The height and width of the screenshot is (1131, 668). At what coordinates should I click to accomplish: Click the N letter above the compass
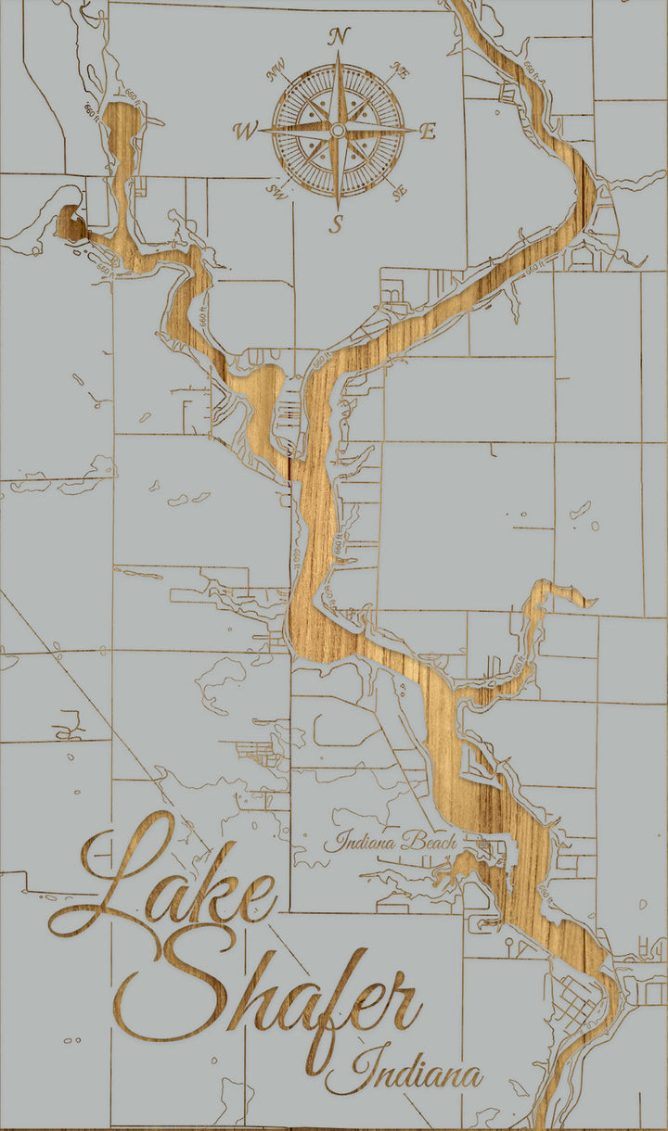(340, 37)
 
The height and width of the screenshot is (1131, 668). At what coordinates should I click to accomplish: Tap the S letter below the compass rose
(338, 223)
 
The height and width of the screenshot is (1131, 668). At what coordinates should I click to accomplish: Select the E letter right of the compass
(428, 132)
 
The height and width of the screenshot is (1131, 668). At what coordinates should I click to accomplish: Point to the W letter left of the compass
(246, 132)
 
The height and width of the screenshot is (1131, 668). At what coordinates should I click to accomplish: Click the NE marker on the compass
(400, 71)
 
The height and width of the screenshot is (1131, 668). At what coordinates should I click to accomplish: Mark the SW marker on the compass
(276, 192)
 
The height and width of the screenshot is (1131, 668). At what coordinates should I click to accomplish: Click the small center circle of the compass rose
(339, 131)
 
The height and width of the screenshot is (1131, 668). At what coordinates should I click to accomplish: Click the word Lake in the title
(167, 881)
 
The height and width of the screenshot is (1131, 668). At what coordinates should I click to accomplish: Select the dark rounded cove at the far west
(68, 223)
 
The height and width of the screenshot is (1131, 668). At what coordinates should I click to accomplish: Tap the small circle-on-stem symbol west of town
(509, 944)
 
